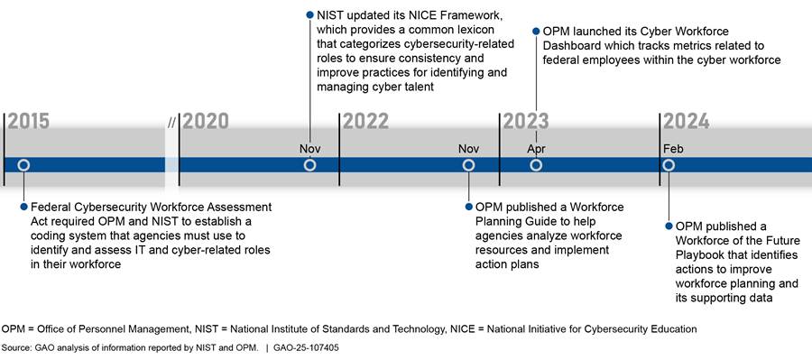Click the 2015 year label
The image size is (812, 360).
tap(29, 122)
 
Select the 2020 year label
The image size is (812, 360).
tap(206, 122)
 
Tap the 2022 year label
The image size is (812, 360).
tap(365, 122)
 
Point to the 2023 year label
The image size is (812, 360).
tap(526, 122)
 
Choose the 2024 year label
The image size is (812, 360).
tap(687, 122)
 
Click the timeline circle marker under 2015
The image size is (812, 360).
tap(23, 165)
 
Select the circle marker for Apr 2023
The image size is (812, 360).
tap(536, 165)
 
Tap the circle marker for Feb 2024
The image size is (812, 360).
tap(669, 165)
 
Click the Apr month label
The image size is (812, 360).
tap(536, 150)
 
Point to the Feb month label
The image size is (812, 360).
tap(673, 149)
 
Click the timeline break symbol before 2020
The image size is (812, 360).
tap(171, 124)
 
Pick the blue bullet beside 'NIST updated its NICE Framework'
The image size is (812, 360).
tap(309, 15)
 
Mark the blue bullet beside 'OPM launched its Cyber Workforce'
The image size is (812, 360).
tap(536, 31)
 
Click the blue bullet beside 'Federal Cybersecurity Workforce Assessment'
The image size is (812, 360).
tap(23, 207)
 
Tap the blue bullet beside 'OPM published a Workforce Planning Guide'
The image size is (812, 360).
tap(468, 207)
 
